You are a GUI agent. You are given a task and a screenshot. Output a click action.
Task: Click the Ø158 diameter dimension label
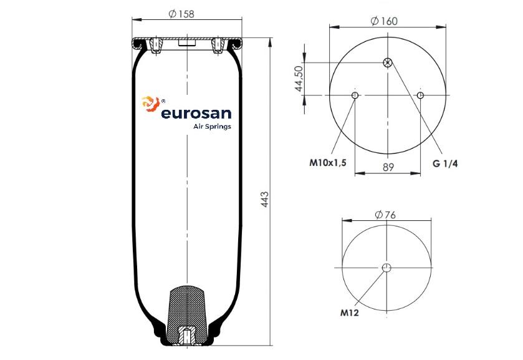click(x=181, y=14)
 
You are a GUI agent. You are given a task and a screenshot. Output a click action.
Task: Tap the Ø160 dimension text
click(x=384, y=21)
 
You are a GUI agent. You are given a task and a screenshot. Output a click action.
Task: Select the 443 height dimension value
click(x=264, y=200)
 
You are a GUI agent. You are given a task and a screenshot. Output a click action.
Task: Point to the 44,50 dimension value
click(x=299, y=79)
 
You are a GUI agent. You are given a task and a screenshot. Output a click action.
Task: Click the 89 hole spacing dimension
click(x=388, y=167)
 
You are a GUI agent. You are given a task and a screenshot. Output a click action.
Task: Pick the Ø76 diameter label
click(x=385, y=215)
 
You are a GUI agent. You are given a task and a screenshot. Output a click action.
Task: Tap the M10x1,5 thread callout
click(x=328, y=163)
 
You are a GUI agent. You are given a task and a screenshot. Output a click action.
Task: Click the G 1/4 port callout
click(x=445, y=163)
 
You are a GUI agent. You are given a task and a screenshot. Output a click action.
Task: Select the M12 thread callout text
click(x=349, y=313)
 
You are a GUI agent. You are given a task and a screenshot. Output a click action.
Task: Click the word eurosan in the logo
click(x=196, y=113)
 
